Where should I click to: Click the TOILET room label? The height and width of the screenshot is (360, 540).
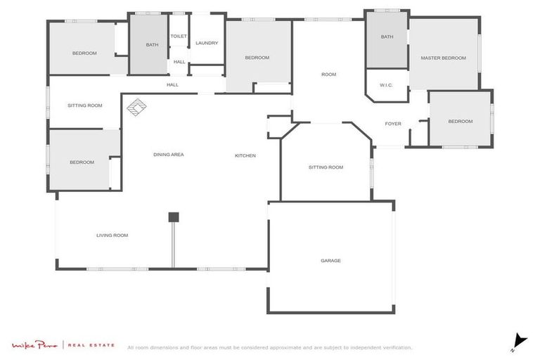[179, 36]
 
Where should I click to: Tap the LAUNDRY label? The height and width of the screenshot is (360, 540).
[207, 43]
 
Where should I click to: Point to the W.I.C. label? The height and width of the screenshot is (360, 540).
[385, 85]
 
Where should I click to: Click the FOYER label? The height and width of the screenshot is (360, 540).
[393, 124]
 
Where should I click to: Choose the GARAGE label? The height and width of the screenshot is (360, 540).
[330, 260]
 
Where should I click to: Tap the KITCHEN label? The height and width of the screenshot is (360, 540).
[245, 155]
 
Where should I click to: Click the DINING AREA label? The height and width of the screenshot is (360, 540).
[169, 154]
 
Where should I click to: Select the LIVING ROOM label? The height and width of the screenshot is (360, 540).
[112, 235]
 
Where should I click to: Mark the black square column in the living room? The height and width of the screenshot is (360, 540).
[174, 217]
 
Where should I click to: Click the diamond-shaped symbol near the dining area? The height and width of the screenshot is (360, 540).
[137, 106]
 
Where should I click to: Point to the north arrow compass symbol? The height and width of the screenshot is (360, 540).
[519, 341]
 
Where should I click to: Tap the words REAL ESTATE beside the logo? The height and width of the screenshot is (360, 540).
[92, 345]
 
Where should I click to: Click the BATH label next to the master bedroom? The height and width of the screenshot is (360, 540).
[387, 37]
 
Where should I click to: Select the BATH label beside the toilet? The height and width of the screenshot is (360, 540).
[152, 45]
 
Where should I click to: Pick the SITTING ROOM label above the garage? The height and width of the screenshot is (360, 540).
[326, 167]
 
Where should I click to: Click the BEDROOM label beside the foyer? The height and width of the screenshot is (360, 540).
[461, 121]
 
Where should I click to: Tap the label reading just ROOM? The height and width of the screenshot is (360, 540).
[328, 74]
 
